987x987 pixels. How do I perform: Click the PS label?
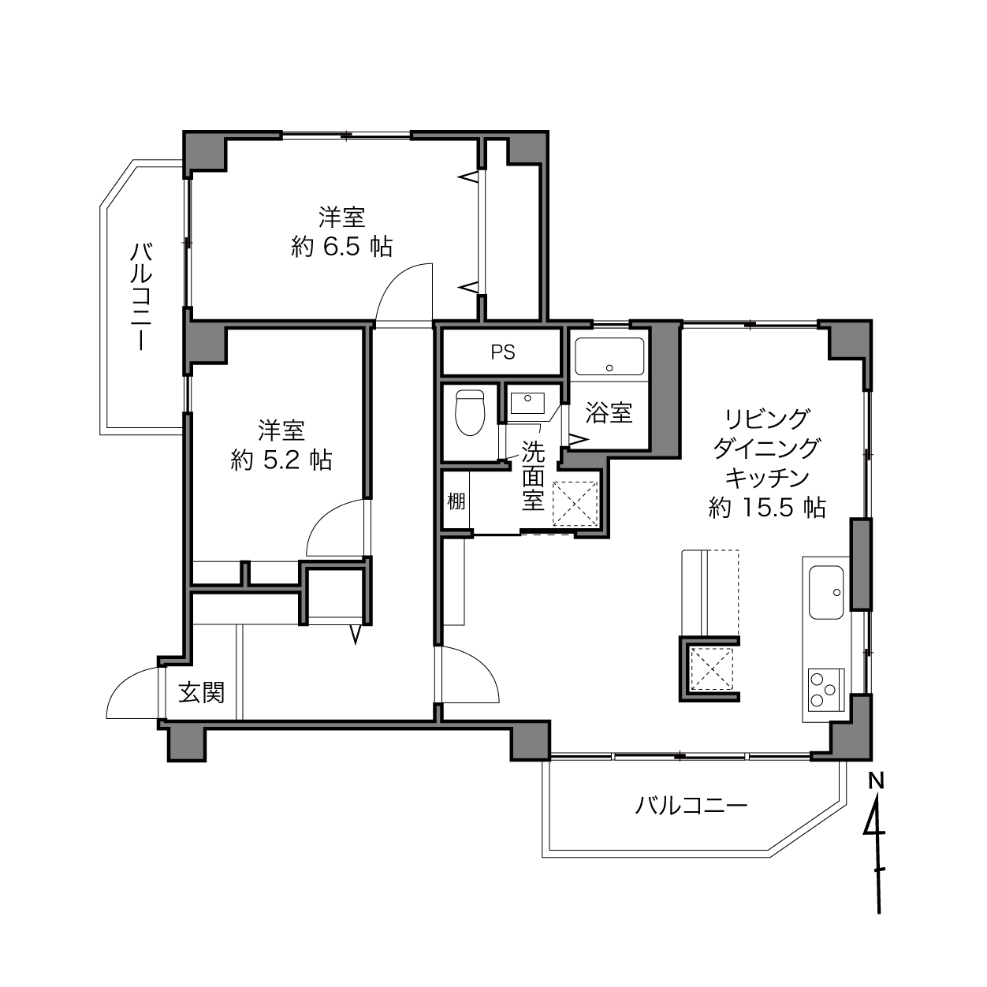(x=502, y=352)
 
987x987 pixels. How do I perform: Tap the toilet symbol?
(x=470, y=413)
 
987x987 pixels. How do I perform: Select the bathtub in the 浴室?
(x=609, y=357)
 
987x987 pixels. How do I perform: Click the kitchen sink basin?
(x=826, y=593)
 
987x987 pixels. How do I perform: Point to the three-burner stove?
(x=826, y=690)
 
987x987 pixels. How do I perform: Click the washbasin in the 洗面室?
(x=527, y=403)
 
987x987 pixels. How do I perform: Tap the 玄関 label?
(x=201, y=693)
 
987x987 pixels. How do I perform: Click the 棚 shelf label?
(x=456, y=501)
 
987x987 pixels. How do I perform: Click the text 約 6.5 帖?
(x=341, y=248)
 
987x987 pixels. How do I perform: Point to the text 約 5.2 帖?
(x=281, y=460)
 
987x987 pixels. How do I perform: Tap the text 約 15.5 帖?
(x=767, y=508)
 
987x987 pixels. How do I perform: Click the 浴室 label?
(x=609, y=413)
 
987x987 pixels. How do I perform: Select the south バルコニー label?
(x=691, y=806)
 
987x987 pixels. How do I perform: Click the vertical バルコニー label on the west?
(x=141, y=297)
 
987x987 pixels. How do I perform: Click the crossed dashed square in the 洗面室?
(x=575, y=504)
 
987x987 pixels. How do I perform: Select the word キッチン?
(x=767, y=478)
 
